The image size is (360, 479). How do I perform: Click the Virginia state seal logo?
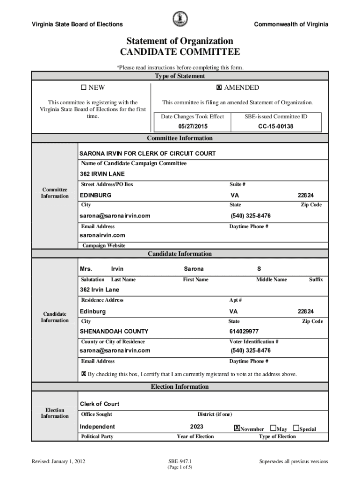pos(180,19)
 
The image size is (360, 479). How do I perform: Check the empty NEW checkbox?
pos(84,87)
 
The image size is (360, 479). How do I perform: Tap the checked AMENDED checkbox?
pos(218,87)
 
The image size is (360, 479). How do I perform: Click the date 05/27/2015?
pos(193,126)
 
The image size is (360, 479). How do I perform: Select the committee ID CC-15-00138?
pos(275,126)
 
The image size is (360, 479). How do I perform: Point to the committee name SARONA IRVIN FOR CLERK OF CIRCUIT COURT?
pos(147,153)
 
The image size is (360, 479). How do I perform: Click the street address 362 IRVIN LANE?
pos(102,174)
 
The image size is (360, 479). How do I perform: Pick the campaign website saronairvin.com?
pos(102,235)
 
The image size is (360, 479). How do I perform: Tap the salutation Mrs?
pos(86,269)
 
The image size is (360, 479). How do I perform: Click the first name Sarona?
pos(194,269)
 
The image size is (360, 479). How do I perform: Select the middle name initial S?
pos(259,269)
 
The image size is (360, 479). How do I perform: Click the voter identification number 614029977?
pos(244,331)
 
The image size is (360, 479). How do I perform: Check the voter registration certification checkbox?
pos(84,374)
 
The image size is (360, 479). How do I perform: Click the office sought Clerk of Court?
pos(100,404)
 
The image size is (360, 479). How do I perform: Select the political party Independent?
pos(97,427)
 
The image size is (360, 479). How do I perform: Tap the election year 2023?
pos(196,427)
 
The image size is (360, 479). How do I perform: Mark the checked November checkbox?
pos(237,428)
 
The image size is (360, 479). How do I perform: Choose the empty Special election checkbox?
pos(296,428)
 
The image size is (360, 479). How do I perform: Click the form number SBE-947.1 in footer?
pos(180,461)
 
